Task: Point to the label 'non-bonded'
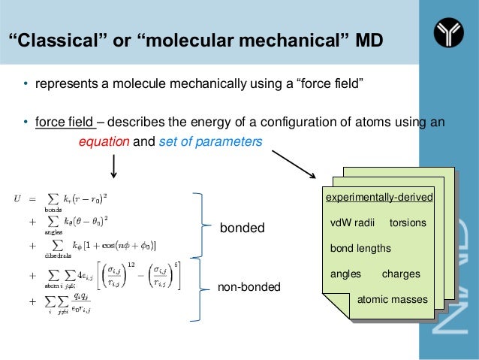248,286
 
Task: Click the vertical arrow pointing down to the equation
113,165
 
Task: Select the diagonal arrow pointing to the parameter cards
292,163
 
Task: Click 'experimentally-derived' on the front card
379,198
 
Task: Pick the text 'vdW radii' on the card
352,223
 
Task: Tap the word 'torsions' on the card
408,223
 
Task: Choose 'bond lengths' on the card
360,248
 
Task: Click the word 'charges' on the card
401,274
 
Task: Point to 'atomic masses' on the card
392,300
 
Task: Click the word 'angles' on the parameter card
346,274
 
